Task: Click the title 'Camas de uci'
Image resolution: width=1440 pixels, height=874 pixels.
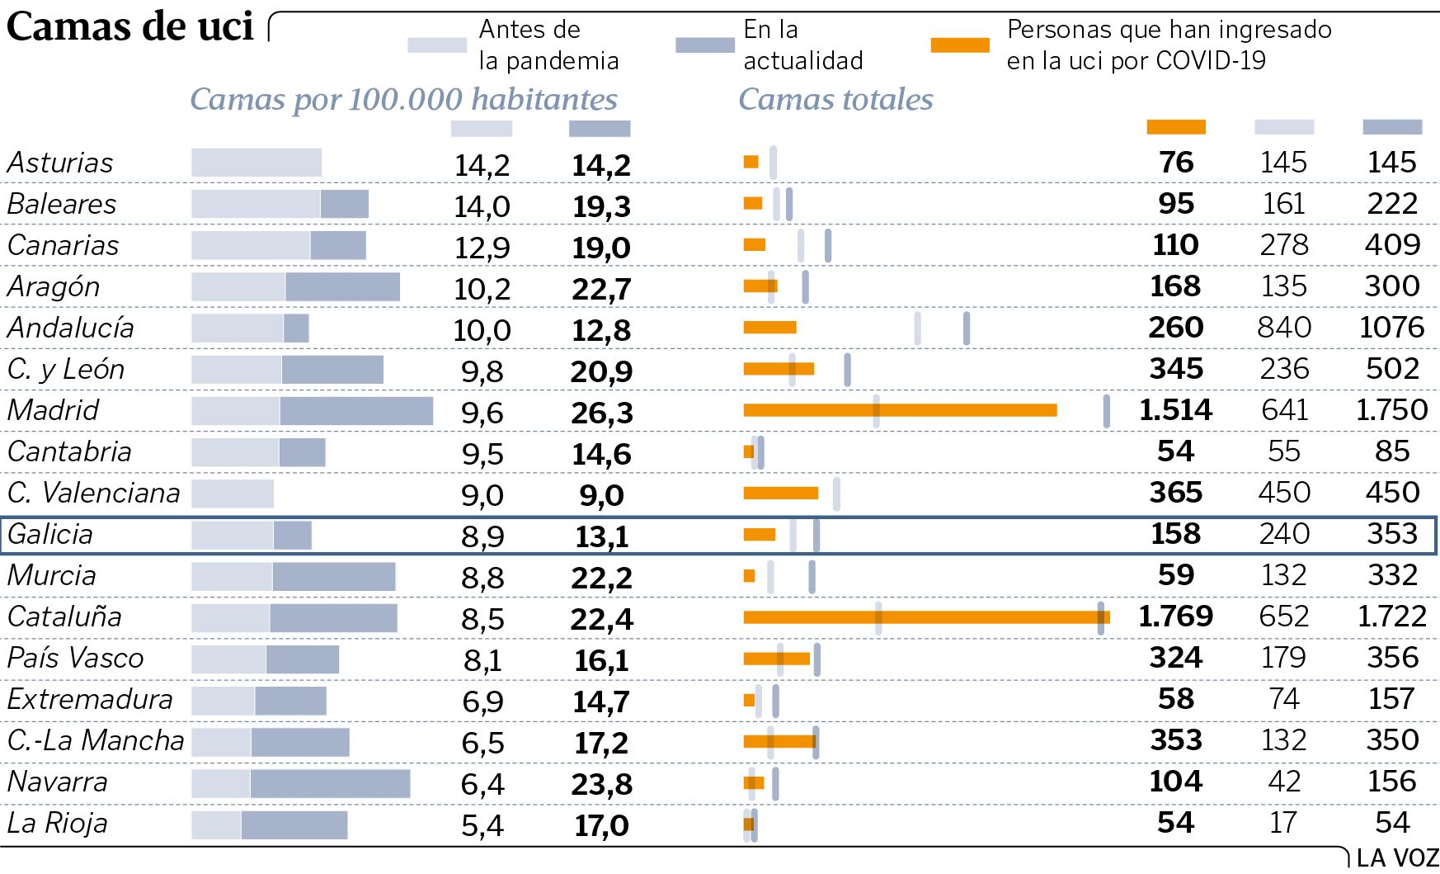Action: (x=129, y=26)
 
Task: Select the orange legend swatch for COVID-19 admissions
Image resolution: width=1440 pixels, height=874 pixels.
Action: (x=959, y=45)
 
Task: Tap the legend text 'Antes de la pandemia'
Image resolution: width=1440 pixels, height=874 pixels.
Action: (x=548, y=45)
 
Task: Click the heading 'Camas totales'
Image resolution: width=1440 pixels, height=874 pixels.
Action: (x=835, y=99)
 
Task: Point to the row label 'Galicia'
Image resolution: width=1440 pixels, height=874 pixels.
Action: (x=49, y=534)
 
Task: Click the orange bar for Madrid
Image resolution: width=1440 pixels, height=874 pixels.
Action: (x=900, y=410)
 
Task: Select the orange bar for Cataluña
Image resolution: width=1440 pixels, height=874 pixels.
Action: (x=925, y=617)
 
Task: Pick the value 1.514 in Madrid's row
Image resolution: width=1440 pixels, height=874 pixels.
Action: (x=1175, y=410)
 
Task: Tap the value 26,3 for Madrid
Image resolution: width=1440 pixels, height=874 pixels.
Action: (x=601, y=413)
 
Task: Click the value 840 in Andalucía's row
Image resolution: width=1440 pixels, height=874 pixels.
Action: (x=1284, y=328)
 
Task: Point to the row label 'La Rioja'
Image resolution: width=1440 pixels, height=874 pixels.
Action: (x=57, y=823)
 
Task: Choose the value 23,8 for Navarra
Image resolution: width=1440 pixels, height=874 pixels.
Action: (x=601, y=784)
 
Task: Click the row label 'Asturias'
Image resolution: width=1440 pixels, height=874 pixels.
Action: (x=60, y=163)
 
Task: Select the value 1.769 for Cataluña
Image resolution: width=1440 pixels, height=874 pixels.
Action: (x=1175, y=617)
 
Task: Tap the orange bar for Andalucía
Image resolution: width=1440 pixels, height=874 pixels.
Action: (x=769, y=328)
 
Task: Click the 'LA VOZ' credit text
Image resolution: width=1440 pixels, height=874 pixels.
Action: (x=1397, y=858)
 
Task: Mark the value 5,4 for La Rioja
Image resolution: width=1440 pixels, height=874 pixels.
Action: (x=482, y=825)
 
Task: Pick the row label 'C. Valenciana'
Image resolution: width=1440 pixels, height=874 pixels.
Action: (x=93, y=493)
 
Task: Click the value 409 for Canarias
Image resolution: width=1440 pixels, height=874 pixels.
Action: (x=1392, y=245)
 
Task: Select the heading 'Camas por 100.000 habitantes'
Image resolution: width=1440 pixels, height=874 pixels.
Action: (x=403, y=99)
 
